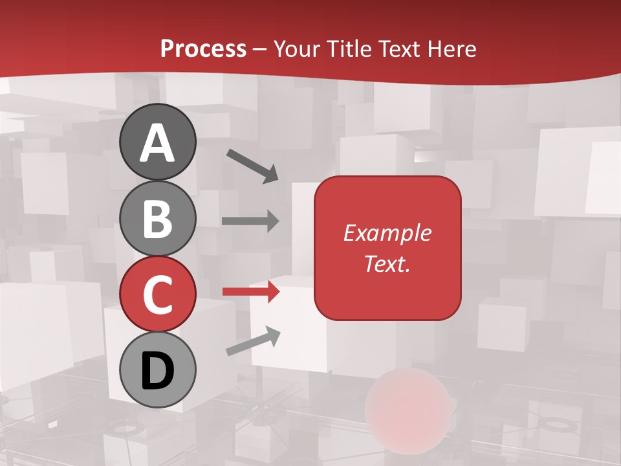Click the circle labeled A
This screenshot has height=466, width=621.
pyautogui.click(x=157, y=142)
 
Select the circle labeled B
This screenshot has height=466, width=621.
pyautogui.click(x=157, y=218)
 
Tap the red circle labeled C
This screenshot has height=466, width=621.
pyautogui.click(x=157, y=294)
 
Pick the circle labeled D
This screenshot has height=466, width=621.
pyautogui.click(x=157, y=370)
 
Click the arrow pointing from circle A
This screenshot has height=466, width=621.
pyautogui.click(x=252, y=166)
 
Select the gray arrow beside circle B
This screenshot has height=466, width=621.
pyautogui.click(x=250, y=221)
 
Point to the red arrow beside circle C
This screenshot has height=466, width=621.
pyautogui.click(x=250, y=292)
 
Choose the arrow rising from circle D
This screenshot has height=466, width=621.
pyautogui.click(x=253, y=341)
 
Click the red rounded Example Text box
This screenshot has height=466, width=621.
pyautogui.click(x=387, y=248)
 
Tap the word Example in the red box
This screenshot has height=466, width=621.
pyautogui.click(x=387, y=233)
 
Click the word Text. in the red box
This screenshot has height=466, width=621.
pyautogui.click(x=387, y=263)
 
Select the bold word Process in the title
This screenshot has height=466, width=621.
pyautogui.click(x=203, y=49)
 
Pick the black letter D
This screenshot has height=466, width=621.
pyautogui.click(x=157, y=371)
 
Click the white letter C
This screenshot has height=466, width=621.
pyautogui.click(x=157, y=295)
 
